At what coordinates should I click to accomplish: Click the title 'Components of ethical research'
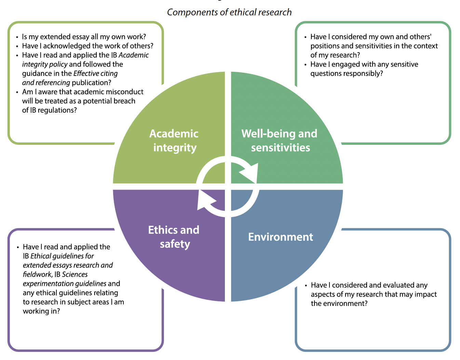229,12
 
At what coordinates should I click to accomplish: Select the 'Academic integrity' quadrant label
174,140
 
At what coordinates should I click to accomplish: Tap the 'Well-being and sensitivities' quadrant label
280,140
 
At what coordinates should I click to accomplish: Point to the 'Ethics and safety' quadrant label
174,237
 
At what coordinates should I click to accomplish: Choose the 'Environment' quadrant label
281,237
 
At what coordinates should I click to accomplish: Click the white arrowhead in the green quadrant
250,172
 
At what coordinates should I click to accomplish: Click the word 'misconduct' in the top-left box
124,92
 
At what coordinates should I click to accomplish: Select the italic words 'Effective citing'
95,73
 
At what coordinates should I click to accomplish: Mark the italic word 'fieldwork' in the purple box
37,274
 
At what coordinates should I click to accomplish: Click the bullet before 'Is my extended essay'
17,37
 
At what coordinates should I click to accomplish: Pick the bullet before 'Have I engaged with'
305,65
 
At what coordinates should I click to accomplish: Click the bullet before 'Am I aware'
17,92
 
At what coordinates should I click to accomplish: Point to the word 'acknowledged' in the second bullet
63,46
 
